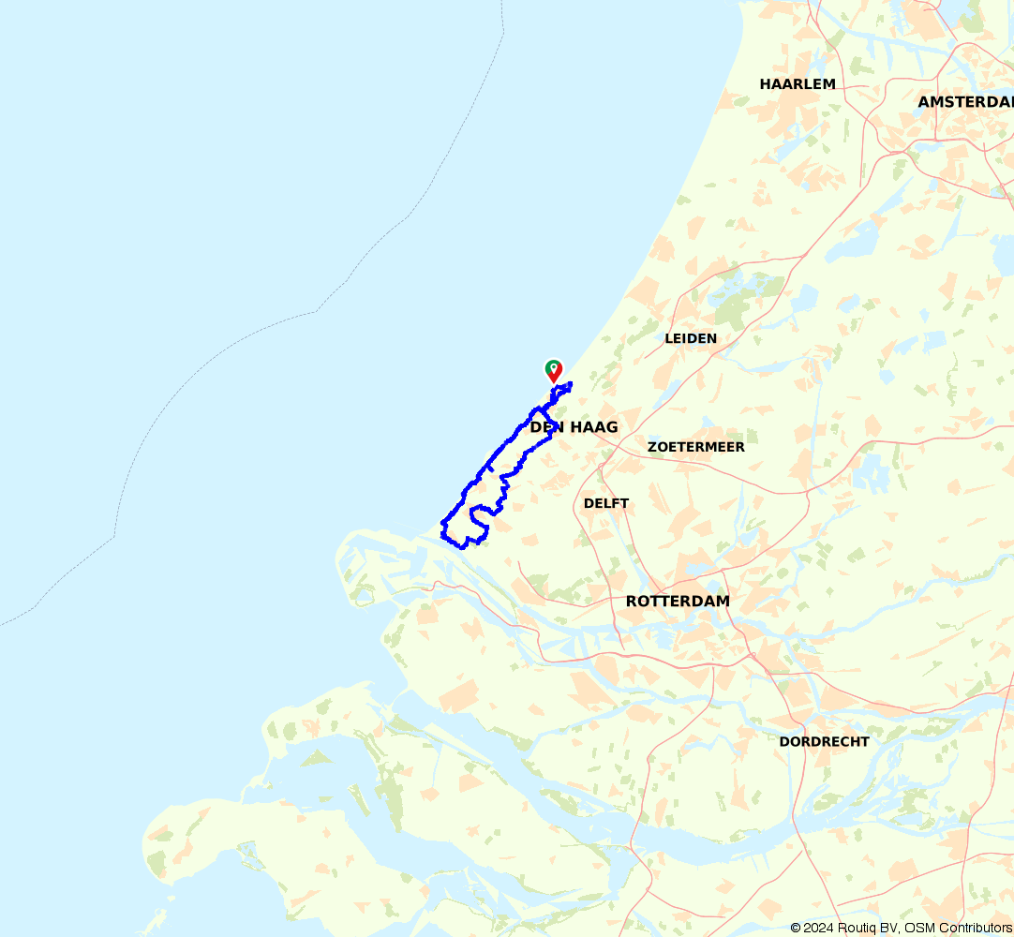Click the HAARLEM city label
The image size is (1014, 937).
[x=798, y=84]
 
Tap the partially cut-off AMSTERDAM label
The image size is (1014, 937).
[x=965, y=101]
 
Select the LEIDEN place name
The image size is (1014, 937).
[x=691, y=338]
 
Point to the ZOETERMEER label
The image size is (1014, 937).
[x=696, y=447]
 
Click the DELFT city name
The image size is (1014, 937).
[x=606, y=503]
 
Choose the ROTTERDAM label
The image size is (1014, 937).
[x=678, y=601]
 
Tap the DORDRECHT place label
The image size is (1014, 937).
[x=825, y=741]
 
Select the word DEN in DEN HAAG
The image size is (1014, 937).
[x=545, y=427]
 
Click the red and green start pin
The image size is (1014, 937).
[x=554, y=369]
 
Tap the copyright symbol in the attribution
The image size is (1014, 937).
[x=796, y=928]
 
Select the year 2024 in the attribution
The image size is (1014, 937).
[x=818, y=928]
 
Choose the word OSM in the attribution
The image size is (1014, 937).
[x=919, y=928]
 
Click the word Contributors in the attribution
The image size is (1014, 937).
[x=975, y=928]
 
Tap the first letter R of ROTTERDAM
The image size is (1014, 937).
[x=632, y=601]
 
